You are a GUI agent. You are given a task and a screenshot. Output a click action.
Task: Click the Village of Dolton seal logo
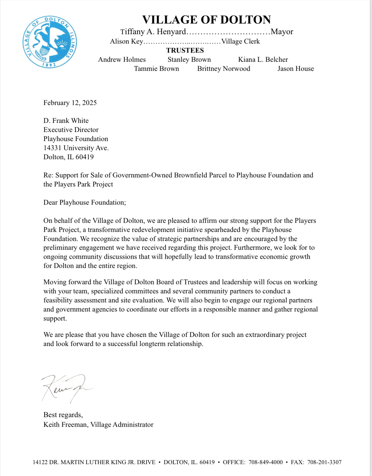tap(50, 42)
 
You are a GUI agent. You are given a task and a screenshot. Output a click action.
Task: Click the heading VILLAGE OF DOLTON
tap(206, 20)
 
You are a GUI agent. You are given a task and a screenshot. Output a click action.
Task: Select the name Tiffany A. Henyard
tap(153, 32)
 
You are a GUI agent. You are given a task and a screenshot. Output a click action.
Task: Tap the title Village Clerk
tap(241, 41)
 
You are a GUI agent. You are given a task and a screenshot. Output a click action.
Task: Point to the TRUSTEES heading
tap(185, 50)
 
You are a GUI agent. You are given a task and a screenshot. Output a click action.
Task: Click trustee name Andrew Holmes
tap(122, 60)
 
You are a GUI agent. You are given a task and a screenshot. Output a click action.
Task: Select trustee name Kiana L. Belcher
tap(263, 60)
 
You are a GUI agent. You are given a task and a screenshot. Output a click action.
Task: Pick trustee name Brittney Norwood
tap(224, 69)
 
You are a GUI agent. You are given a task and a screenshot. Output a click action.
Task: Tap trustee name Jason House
tap(295, 69)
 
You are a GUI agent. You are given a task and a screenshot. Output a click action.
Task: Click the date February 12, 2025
tap(70, 103)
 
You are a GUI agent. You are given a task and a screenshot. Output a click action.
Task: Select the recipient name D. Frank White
tap(66, 121)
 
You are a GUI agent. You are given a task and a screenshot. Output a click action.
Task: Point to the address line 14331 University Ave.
tap(76, 148)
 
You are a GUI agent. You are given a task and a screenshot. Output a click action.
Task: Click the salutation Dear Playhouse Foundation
tap(84, 202)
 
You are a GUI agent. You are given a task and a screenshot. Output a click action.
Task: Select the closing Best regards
tap(63, 415)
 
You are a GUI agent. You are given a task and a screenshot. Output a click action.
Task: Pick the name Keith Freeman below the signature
tap(66, 425)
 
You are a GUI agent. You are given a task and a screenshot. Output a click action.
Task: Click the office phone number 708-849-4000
tap(266, 462)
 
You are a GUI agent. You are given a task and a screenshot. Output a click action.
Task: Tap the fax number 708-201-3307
tap(324, 462)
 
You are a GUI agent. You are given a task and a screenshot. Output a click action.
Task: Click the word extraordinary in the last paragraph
tap(265, 335)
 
